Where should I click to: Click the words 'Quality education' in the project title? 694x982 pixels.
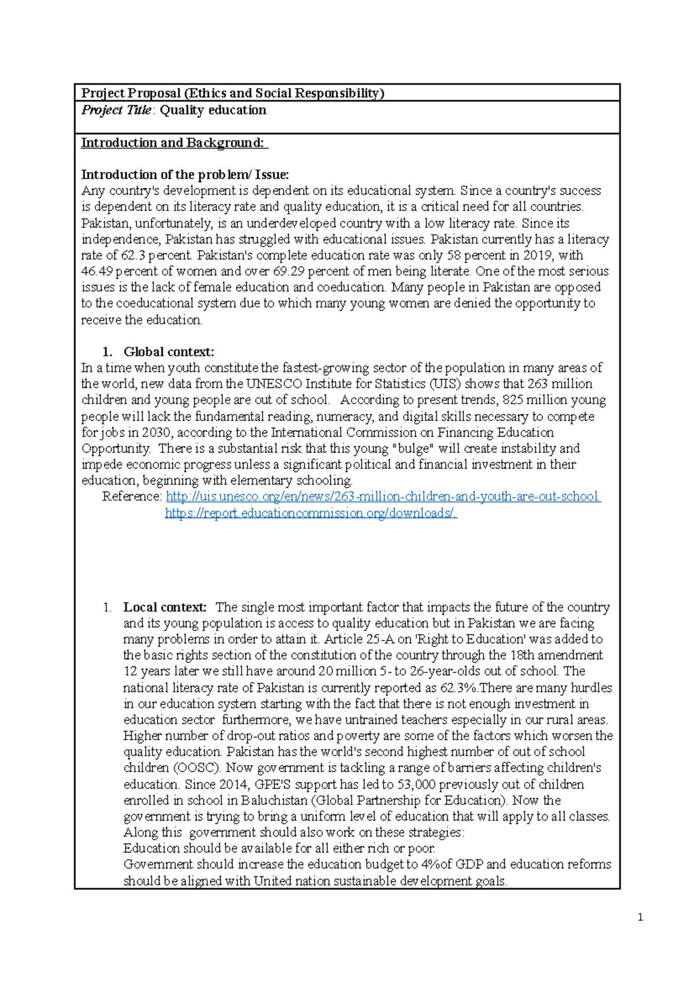[x=213, y=110]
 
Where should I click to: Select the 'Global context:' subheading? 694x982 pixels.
[x=168, y=352]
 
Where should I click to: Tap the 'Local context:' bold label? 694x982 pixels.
[x=165, y=607]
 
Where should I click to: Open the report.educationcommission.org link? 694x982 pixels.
[x=311, y=513]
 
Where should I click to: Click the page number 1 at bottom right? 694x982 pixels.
[x=640, y=917]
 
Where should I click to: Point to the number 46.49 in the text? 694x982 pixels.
[x=97, y=271]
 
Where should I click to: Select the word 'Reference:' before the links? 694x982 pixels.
[x=132, y=496]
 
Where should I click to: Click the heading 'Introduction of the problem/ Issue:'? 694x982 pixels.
[x=184, y=175]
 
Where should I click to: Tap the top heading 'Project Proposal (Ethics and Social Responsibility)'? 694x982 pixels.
[x=232, y=93]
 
